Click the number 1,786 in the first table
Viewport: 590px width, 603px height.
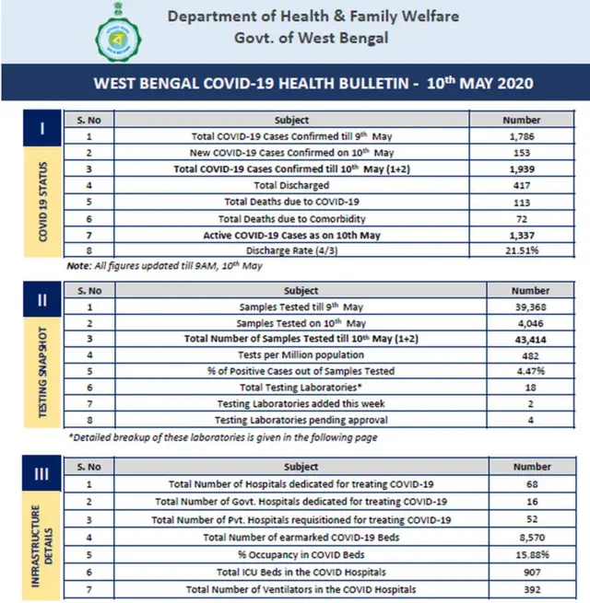tap(521, 136)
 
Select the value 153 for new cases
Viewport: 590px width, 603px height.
tap(521, 153)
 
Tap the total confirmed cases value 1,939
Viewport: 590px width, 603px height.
tap(521, 169)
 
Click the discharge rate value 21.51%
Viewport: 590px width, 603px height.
tap(521, 251)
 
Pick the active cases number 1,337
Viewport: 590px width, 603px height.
tap(521, 235)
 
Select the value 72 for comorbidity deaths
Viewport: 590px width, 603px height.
tap(521, 218)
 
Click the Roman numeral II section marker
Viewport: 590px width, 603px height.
tap(42, 300)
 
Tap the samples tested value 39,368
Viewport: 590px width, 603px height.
tap(521, 307)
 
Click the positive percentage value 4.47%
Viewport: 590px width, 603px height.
tap(521, 371)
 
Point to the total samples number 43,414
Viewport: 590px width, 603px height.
tap(521, 339)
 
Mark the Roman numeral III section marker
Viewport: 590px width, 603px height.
tap(42, 475)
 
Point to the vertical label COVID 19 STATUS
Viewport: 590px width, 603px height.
tap(43, 203)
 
